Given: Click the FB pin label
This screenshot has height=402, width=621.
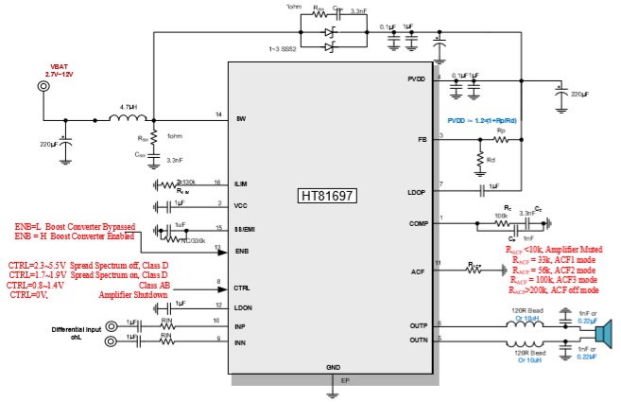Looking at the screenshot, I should (x=423, y=139).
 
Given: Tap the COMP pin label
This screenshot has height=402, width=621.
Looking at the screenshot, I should (x=418, y=222).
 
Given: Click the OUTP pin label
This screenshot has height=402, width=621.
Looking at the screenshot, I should (x=418, y=324).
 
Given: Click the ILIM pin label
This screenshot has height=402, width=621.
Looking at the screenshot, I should (x=242, y=183).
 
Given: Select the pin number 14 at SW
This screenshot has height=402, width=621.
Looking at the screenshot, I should (x=218, y=115).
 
